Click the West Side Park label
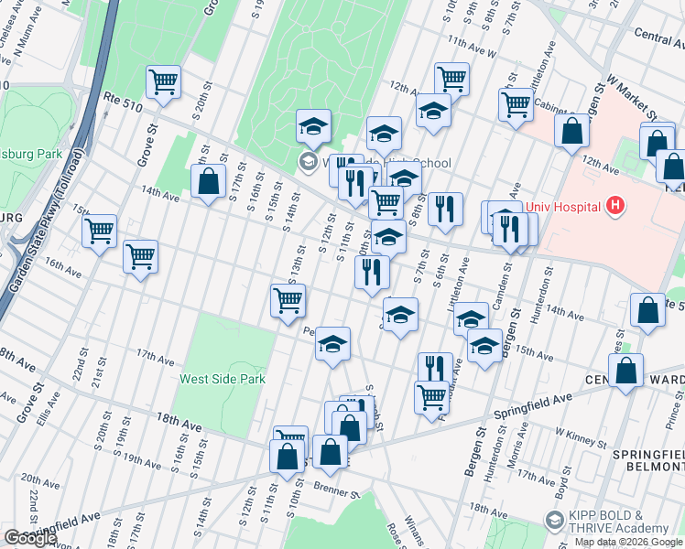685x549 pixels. (x=223, y=378)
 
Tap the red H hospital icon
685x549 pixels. (x=615, y=206)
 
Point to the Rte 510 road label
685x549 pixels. (x=123, y=106)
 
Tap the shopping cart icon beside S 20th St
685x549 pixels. (x=164, y=81)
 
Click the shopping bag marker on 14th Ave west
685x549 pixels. (x=209, y=180)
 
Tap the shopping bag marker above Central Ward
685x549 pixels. (x=625, y=371)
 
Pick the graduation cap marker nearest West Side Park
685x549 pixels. (x=332, y=345)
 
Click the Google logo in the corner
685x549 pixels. (x=30, y=538)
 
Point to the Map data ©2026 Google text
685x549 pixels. (x=628, y=541)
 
